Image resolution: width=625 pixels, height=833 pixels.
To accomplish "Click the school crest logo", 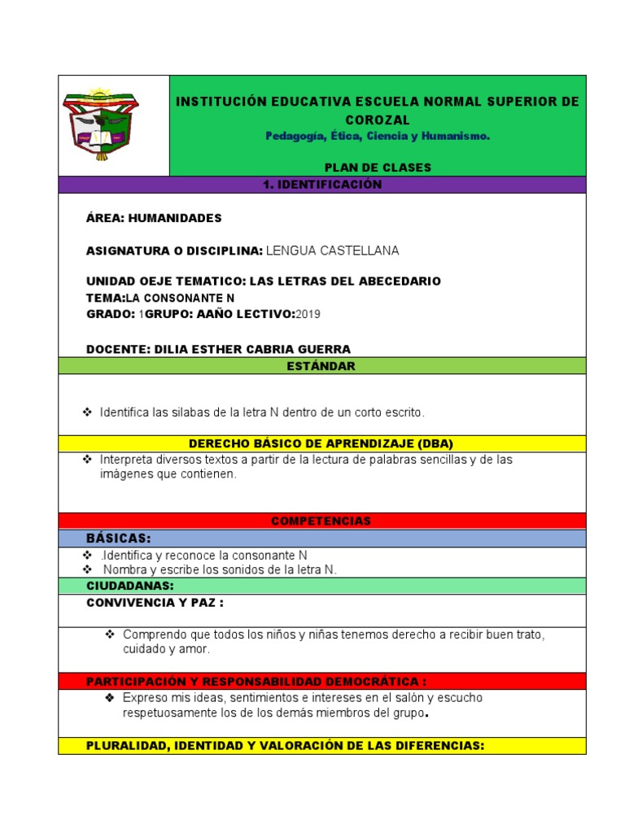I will tap(101, 124).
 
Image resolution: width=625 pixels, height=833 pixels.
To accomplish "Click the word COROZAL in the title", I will tap(378, 120).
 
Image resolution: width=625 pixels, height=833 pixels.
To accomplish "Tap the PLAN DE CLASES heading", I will tap(378, 168).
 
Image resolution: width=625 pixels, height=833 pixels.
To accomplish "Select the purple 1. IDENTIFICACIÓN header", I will tap(322, 185).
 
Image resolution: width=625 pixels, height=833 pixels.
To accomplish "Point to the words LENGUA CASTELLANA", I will tap(333, 250).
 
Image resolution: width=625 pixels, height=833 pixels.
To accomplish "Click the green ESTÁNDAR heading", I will tap(321, 366).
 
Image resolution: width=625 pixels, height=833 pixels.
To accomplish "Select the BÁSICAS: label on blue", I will tap(119, 538).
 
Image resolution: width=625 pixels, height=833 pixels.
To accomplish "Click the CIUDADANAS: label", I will tap(130, 586).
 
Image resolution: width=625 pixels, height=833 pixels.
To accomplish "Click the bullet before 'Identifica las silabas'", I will tap(88, 413).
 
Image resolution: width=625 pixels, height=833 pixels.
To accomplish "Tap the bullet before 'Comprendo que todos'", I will tap(110, 634).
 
